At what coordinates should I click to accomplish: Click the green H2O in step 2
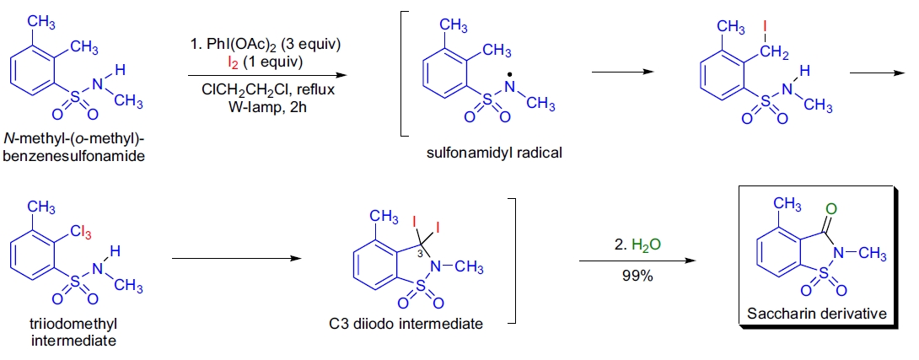point(638,245)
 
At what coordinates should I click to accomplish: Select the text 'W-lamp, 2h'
point(263,106)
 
